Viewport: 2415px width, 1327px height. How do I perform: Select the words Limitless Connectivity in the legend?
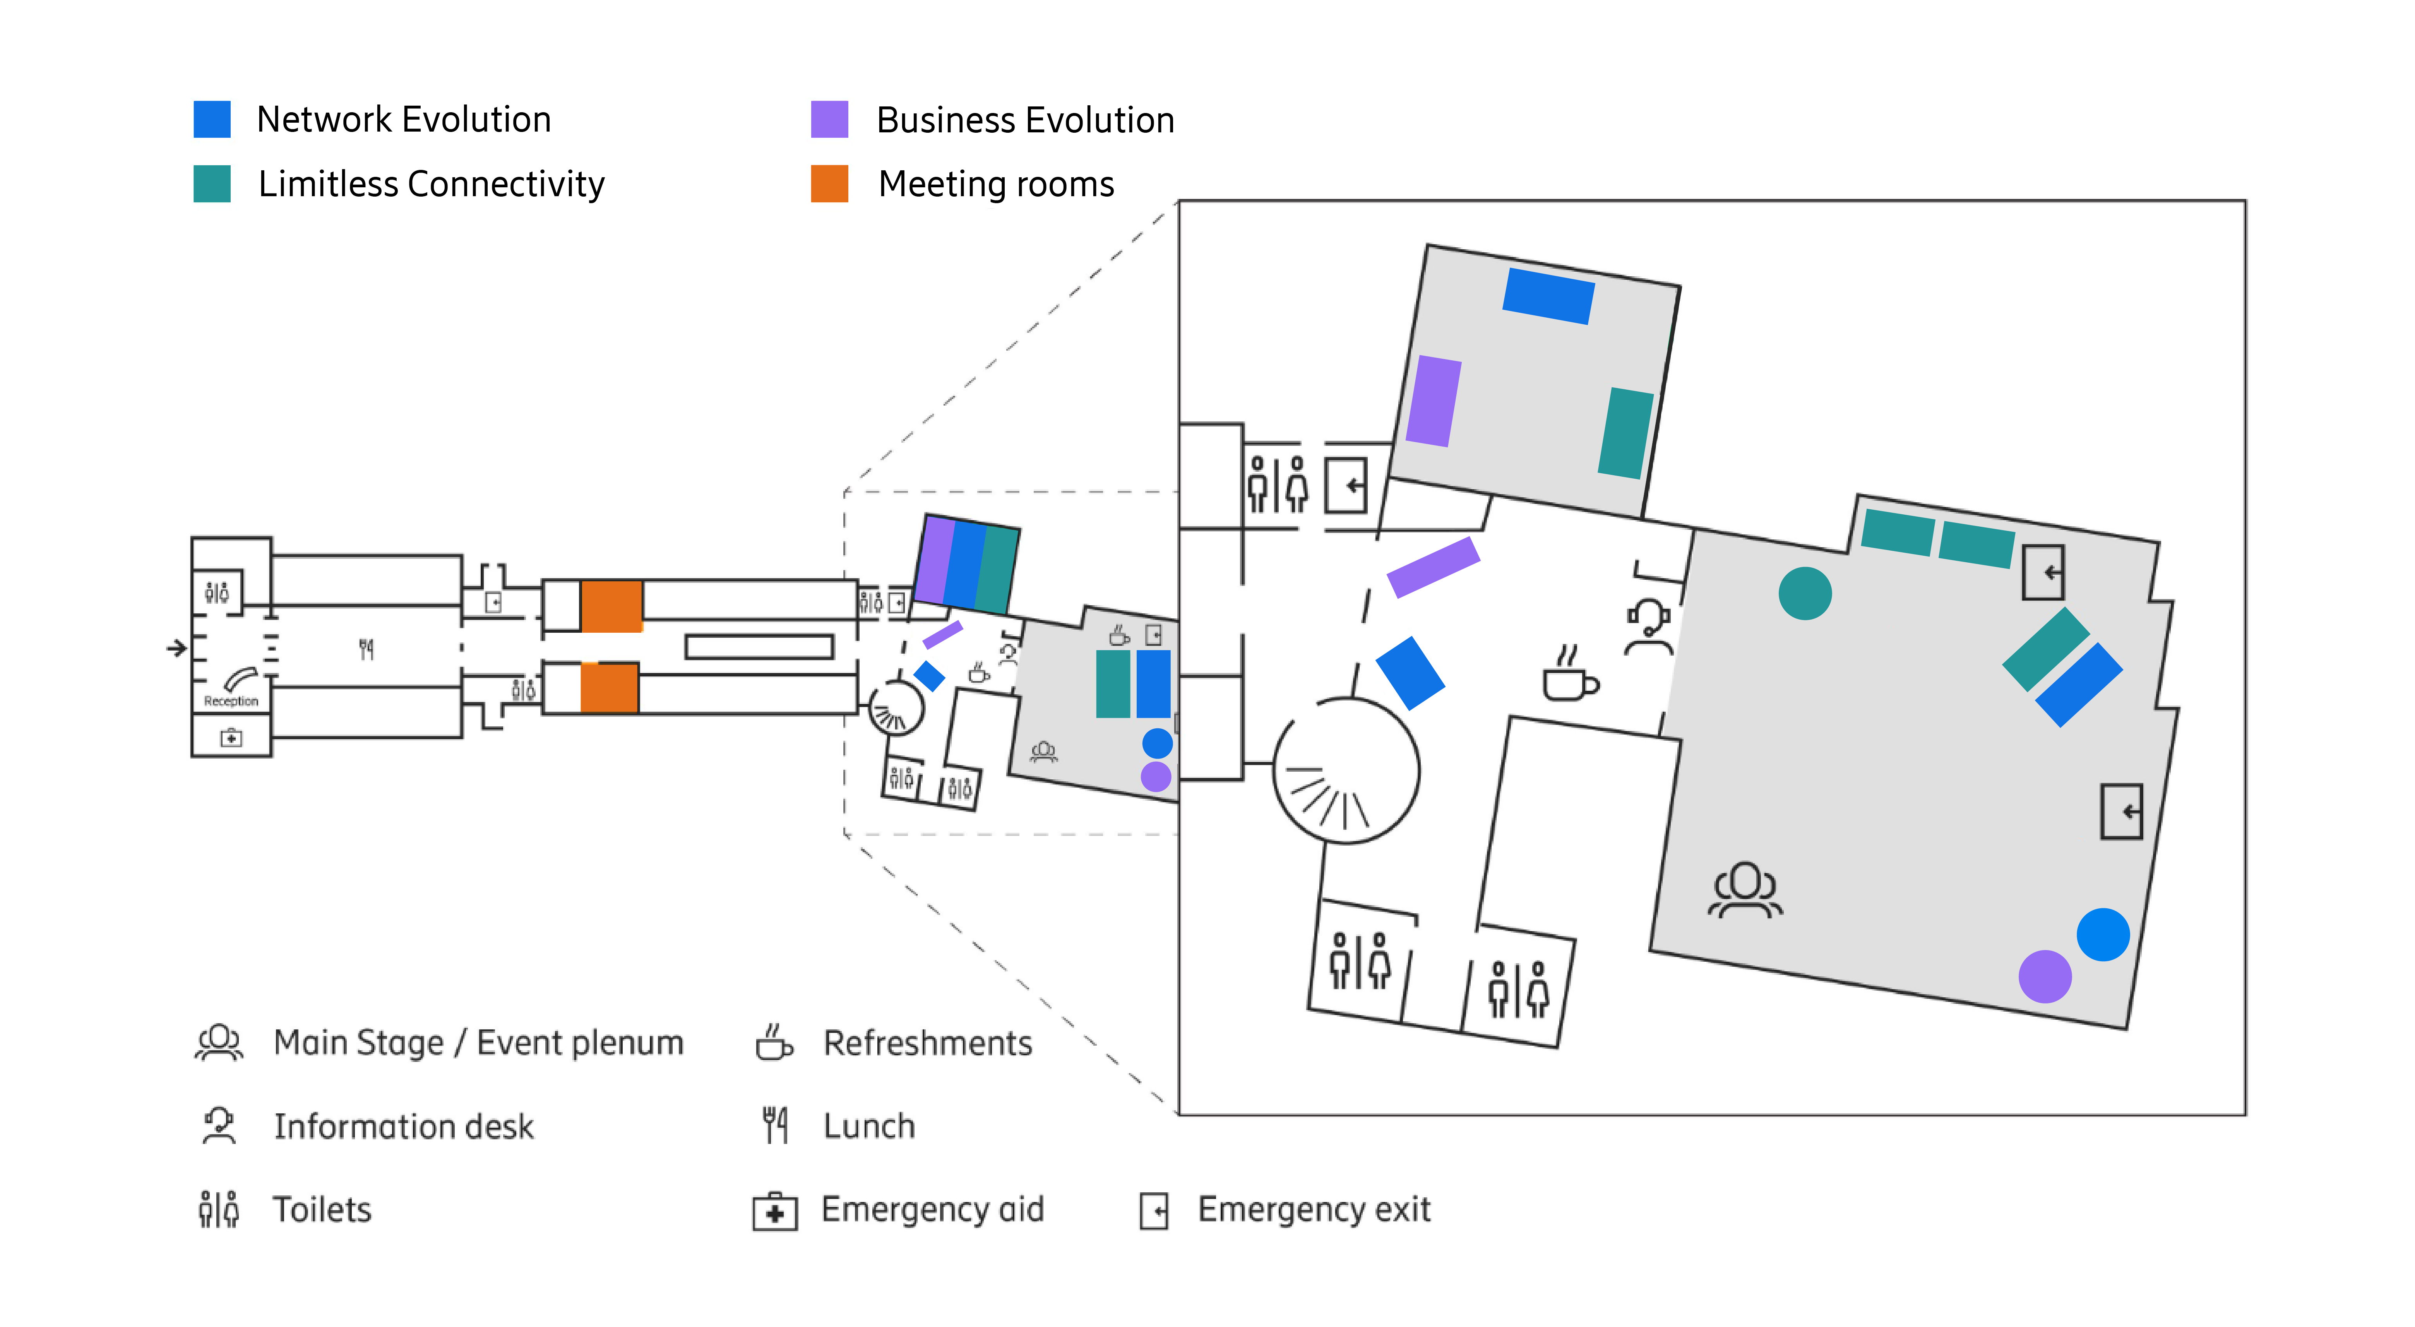431,184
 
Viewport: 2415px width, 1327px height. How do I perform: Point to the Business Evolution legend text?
1025,120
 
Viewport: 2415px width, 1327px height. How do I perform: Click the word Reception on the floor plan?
231,701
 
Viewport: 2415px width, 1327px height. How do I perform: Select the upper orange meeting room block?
611,605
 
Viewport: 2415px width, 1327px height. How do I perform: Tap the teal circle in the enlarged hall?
1805,593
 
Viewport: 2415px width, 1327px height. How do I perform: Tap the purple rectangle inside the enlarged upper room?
1434,401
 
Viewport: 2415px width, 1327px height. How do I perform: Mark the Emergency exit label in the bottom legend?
1314,1209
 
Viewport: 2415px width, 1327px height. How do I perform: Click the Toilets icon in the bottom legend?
218,1209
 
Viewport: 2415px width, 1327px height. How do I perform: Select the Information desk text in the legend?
403,1125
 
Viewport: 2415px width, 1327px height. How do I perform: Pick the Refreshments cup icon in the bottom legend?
774,1042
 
